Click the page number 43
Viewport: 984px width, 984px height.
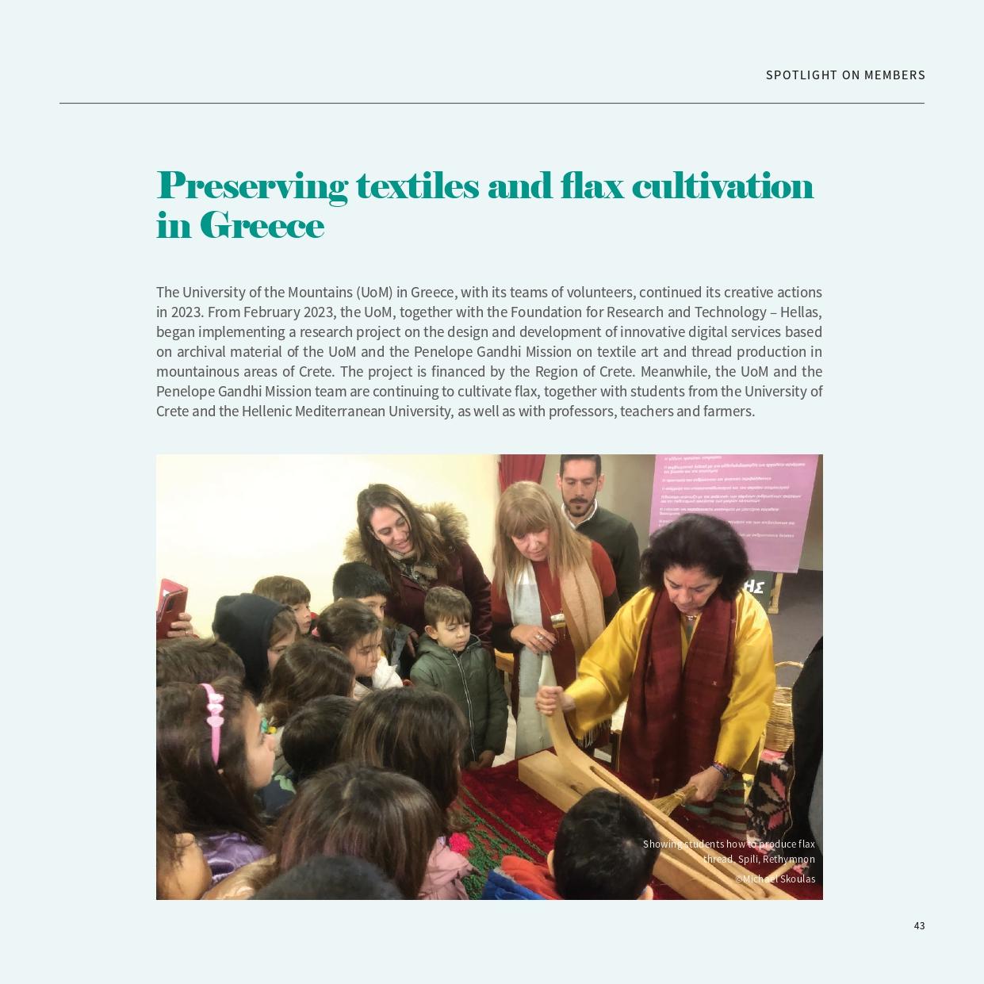919,925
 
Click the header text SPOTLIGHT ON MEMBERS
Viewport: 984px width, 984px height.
845,75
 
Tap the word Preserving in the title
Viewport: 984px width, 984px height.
251,187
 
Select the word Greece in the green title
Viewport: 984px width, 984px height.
262,226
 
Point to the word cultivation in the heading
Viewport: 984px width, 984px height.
722,186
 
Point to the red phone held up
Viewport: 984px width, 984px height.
171,603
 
